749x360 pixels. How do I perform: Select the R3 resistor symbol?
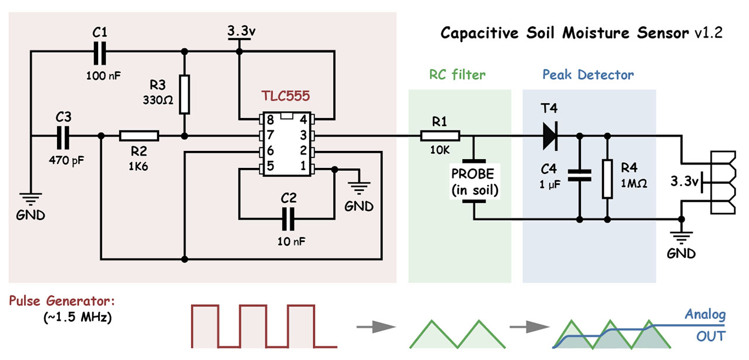tap(184, 94)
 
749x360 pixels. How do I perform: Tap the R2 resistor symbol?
tap(139, 136)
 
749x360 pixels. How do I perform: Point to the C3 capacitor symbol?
tap(63, 136)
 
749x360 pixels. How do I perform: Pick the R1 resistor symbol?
tap(440, 136)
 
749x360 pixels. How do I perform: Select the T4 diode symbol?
tap(549, 136)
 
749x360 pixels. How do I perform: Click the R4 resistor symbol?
tap(607, 178)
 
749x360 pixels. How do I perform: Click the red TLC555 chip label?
tap(286, 96)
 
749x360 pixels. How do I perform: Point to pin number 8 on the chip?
tap(270, 120)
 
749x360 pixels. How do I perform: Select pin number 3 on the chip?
tap(304, 136)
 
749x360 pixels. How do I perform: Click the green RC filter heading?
tap(458, 75)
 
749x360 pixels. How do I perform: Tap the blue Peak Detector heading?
tap(588, 75)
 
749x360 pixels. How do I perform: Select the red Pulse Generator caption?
tap(62, 302)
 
